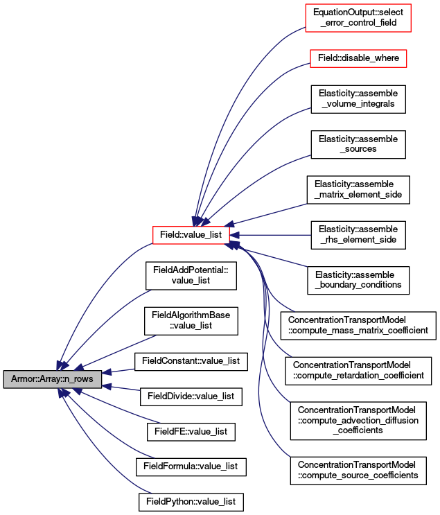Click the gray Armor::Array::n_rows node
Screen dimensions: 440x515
coord(53,379)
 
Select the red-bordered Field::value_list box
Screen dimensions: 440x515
coord(191,235)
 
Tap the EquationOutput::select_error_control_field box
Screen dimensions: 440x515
coord(358,18)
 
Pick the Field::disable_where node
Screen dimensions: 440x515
coord(358,58)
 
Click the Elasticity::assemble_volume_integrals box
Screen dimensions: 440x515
coord(358,99)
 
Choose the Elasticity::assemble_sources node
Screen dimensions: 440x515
coord(358,144)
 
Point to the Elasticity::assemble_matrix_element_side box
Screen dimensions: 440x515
coord(358,190)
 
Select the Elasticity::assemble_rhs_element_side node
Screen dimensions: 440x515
coord(358,235)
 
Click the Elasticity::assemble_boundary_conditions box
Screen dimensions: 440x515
coord(358,280)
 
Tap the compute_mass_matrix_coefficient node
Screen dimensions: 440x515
coord(358,326)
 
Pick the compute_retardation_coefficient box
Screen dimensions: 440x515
coord(358,371)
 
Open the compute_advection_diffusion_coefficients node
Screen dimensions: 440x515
coord(358,421)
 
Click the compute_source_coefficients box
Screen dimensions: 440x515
coord(358,471)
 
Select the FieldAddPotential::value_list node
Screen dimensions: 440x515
coord(191,276)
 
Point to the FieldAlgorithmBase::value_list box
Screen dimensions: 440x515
coord(191,321)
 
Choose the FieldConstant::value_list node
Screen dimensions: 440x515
coord(191,362)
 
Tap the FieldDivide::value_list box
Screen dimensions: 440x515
coord(191,396)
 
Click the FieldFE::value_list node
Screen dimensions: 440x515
coord(191,432)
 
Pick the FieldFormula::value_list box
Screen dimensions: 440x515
coord(191,466)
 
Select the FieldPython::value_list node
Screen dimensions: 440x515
coord(191,502)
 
